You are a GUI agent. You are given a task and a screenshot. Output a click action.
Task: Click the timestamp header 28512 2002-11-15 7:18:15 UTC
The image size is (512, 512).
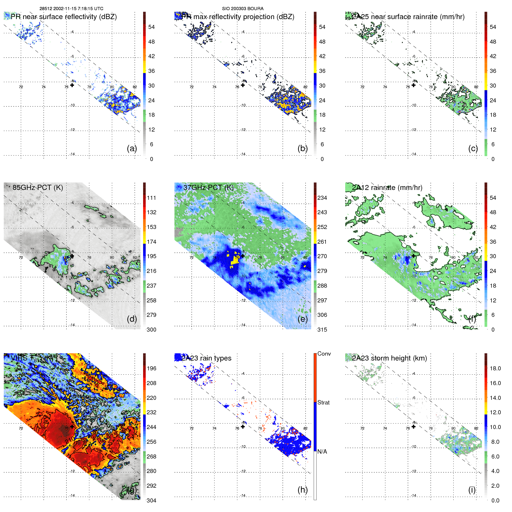71,9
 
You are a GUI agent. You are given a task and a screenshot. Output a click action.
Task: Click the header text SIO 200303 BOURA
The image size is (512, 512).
243,9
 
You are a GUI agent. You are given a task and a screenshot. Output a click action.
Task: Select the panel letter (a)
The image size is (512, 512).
132,149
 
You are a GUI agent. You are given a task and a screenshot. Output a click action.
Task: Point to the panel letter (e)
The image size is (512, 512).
302,319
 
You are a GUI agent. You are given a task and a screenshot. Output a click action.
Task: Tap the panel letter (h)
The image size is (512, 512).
302,490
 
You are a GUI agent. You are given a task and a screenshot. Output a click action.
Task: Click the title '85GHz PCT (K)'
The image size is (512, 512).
38,187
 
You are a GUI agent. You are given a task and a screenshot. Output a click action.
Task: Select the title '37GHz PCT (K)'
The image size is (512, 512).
208,187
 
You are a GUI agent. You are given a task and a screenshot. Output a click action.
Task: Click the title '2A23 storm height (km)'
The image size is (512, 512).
389,358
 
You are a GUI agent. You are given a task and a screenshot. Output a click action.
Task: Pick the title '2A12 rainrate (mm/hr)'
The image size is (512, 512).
387,187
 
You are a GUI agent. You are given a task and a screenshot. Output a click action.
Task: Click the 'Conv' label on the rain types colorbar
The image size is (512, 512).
324,354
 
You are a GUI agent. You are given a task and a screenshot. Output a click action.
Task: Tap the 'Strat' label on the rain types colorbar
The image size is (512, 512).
324,402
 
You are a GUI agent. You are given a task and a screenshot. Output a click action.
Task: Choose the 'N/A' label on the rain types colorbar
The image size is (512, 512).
322,452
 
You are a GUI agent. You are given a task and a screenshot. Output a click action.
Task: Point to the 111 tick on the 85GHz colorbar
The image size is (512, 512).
151,198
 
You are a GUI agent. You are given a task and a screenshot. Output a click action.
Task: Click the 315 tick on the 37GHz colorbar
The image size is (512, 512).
322,330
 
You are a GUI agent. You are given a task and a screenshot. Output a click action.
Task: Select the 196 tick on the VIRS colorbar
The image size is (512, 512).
151,368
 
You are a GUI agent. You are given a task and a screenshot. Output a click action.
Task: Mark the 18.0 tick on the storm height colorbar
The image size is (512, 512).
495,368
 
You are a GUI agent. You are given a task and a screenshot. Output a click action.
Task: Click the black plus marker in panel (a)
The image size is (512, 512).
72,85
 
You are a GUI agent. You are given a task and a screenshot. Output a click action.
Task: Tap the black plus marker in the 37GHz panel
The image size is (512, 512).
243,256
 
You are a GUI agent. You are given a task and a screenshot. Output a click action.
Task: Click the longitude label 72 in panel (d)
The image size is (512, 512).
21,257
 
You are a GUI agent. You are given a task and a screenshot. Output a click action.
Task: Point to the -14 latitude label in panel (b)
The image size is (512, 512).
243,154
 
